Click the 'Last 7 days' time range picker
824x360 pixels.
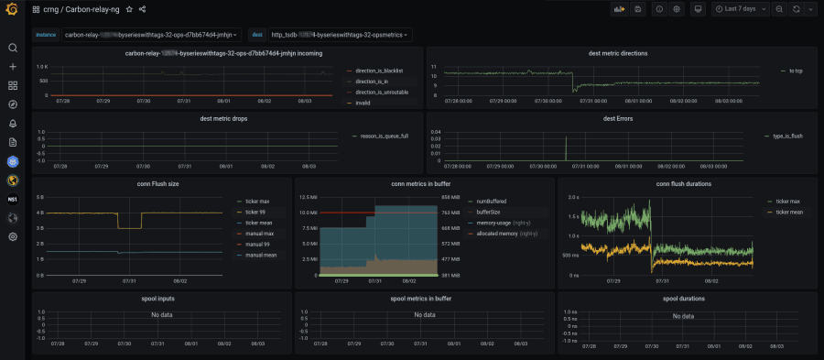click(x=740, y=9)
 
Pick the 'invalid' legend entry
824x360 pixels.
click(x=364, y=103)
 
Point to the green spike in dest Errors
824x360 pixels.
click(x=566, y=147)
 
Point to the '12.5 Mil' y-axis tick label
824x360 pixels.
click(x=306, y=197)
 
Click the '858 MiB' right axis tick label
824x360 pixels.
click(x=451, y=197)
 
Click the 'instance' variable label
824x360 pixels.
click(x=46, y=35)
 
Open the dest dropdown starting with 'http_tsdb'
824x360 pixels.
click(x=340, y=35)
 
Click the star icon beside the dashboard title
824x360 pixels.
click(x=129, y=9)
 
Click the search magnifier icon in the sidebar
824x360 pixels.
click(x=13, y=48)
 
